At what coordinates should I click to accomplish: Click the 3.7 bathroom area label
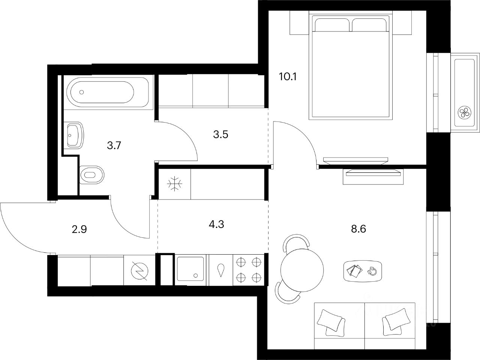coord(114,145)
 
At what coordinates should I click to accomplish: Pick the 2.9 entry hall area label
coord(79,229)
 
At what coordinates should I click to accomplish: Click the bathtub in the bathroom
coord(100,92)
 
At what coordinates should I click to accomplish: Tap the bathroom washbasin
coord(75,135)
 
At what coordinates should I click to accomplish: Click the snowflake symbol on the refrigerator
coord(174,184)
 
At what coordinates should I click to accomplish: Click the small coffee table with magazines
coord(363,270)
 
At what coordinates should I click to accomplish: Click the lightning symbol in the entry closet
coord(139,270)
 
